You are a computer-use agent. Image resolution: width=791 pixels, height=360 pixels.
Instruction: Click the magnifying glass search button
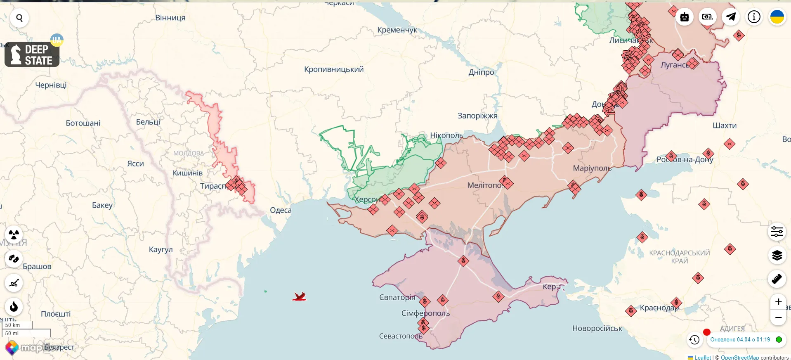point(19,18)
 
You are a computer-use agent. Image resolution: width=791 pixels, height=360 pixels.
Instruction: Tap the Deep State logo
point(32,54)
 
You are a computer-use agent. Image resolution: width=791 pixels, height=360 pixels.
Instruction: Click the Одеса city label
point(281,210)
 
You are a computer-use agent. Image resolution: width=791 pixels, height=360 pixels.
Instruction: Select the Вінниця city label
point(170,18)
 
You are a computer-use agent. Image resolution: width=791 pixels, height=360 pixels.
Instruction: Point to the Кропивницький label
point(334,69)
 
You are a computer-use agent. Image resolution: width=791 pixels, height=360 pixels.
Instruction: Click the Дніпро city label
point(481,72)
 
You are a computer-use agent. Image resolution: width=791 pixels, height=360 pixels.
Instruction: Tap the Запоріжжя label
point(477,116)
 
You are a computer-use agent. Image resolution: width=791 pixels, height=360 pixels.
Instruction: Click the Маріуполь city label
point(592,168)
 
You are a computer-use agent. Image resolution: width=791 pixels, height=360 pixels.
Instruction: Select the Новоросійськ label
point(597,329)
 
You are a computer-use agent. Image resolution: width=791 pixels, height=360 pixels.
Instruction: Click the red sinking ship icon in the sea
point(299,296)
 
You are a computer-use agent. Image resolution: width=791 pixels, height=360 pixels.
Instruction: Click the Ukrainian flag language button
point(777,17)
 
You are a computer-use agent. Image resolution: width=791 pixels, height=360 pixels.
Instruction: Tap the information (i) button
point(754,17)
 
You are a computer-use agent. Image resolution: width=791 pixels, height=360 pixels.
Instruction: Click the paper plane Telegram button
point(731,17)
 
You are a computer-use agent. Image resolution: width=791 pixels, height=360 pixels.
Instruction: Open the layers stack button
point(777,256)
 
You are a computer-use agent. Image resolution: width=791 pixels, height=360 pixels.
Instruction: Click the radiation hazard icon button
point(14,234)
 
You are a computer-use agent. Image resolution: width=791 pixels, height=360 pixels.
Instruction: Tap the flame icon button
point(14,307)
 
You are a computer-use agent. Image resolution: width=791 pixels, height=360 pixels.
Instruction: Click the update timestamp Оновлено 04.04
point(740,340)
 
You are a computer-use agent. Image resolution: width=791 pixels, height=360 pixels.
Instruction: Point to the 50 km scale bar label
point(13,325)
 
